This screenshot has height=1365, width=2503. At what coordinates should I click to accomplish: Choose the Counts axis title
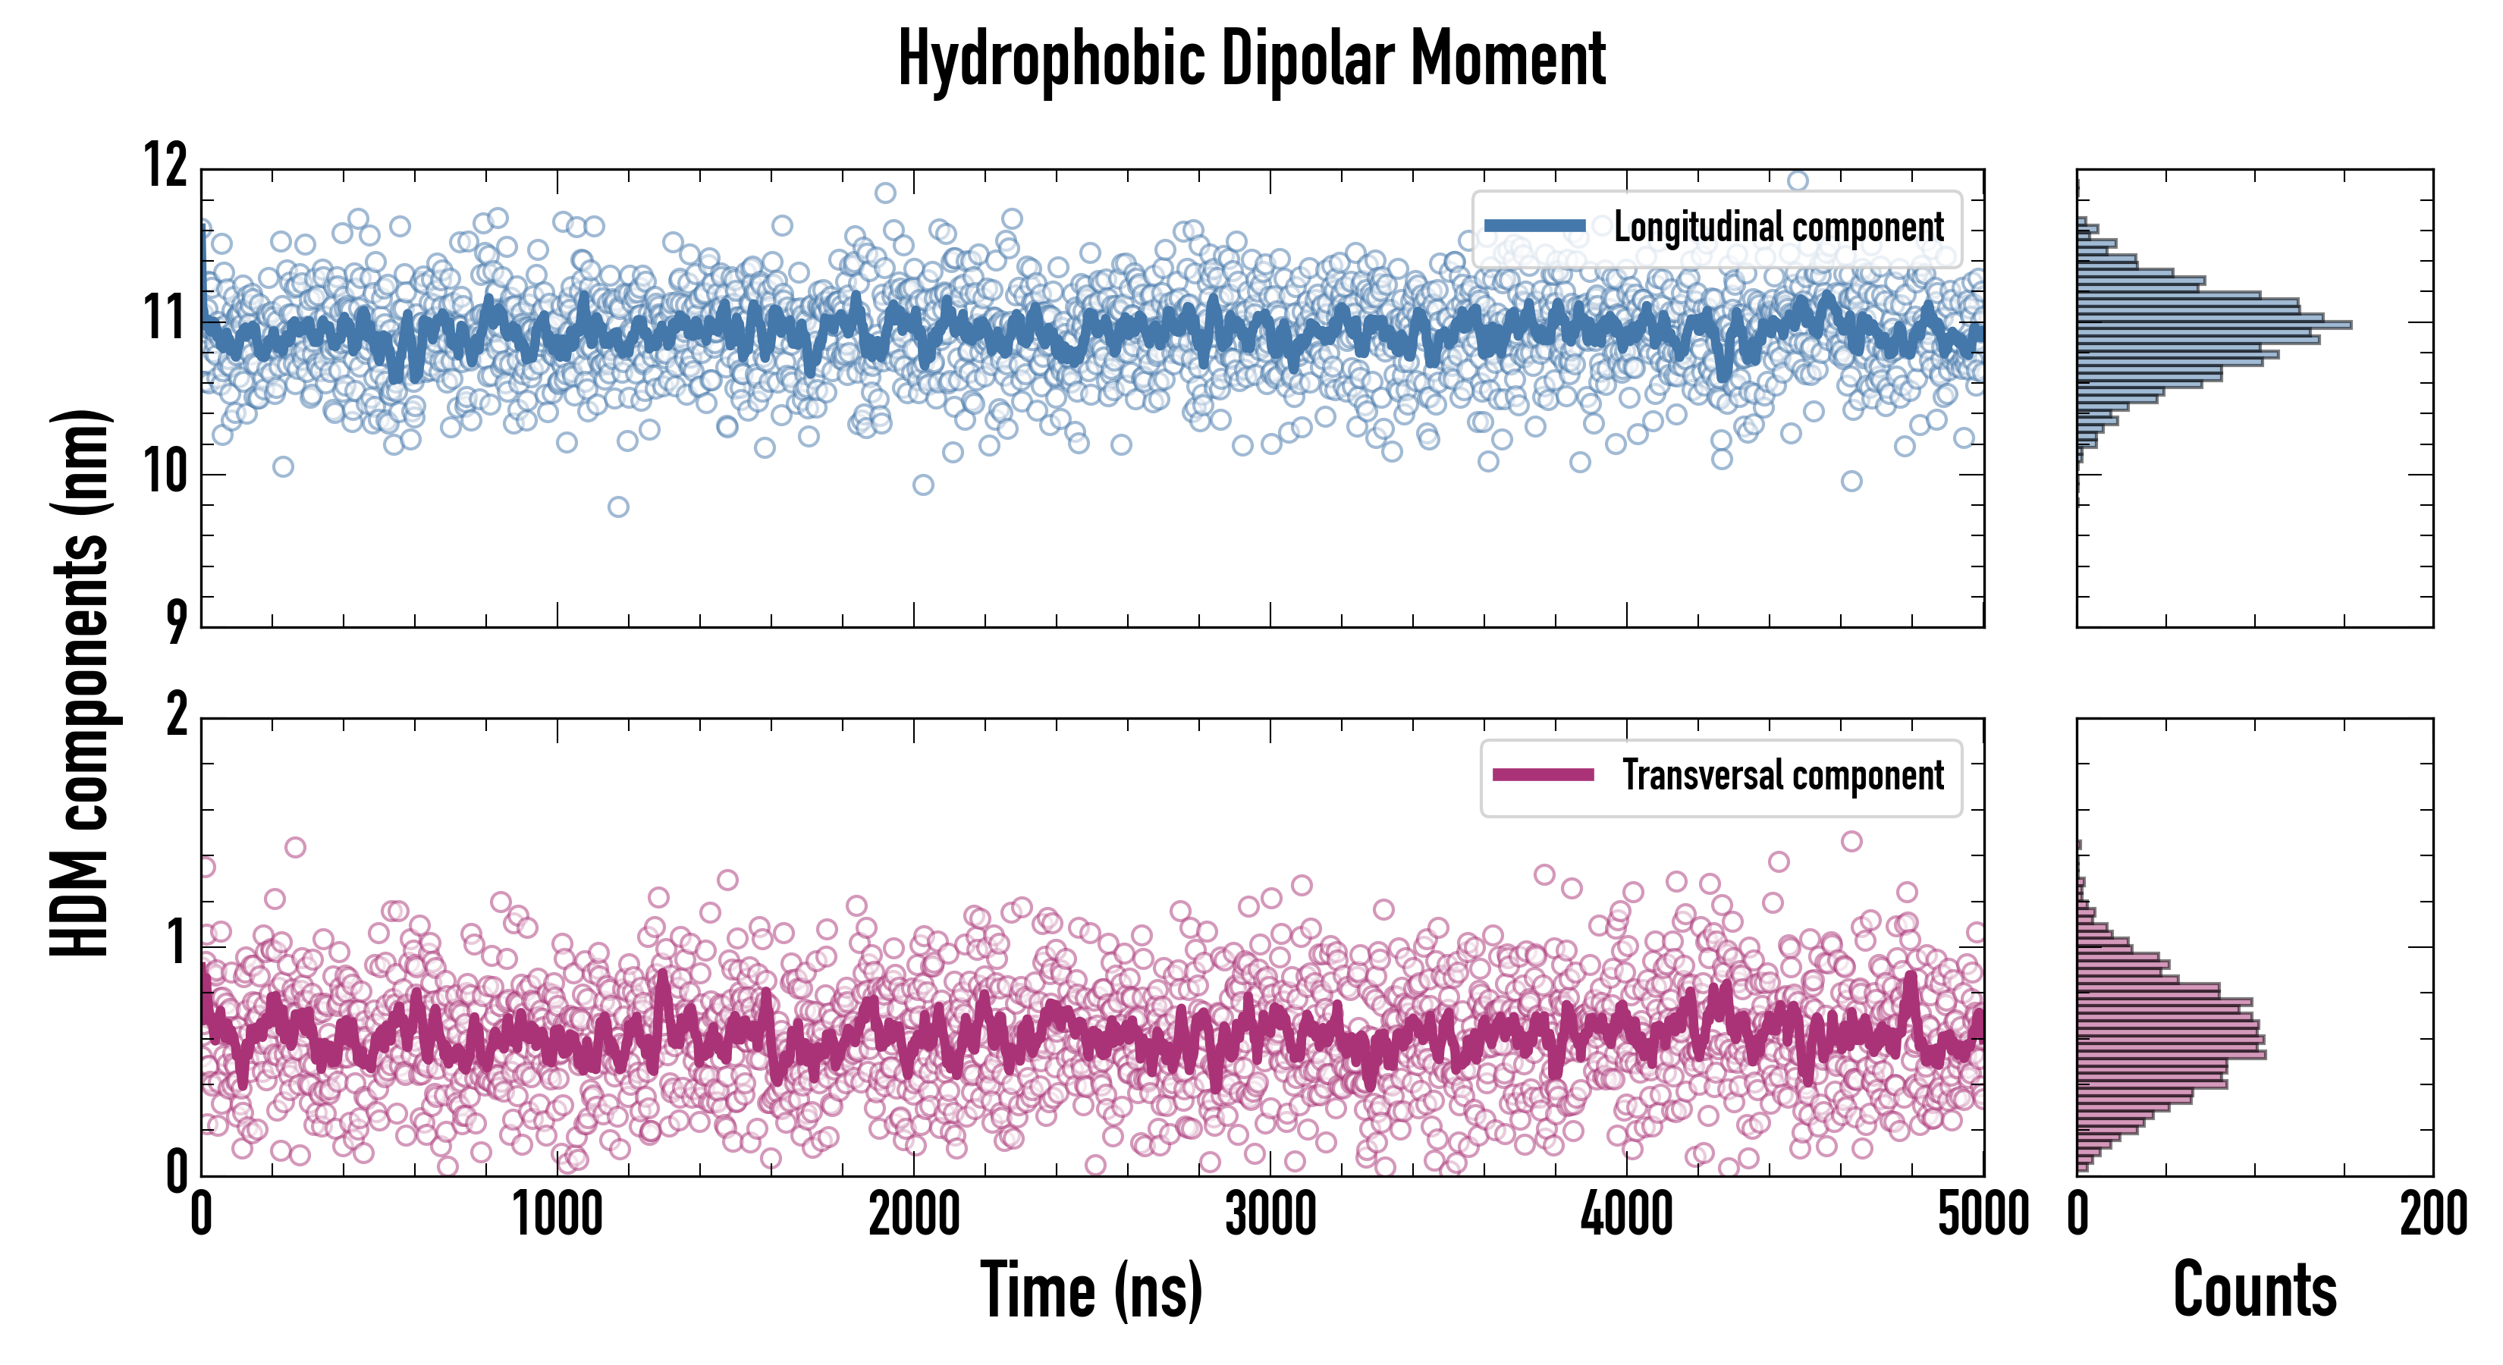coord(2254,1290)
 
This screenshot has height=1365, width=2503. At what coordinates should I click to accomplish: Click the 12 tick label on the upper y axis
coord(165,165)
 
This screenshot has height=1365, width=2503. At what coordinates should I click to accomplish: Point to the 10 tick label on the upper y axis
coord(165,473)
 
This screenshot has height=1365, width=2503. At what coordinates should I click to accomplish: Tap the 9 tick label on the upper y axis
coord(176,622)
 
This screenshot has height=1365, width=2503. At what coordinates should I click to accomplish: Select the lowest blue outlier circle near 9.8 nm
coord(618,506)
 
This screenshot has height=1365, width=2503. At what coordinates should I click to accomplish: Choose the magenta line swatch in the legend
coord(1543,775)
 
